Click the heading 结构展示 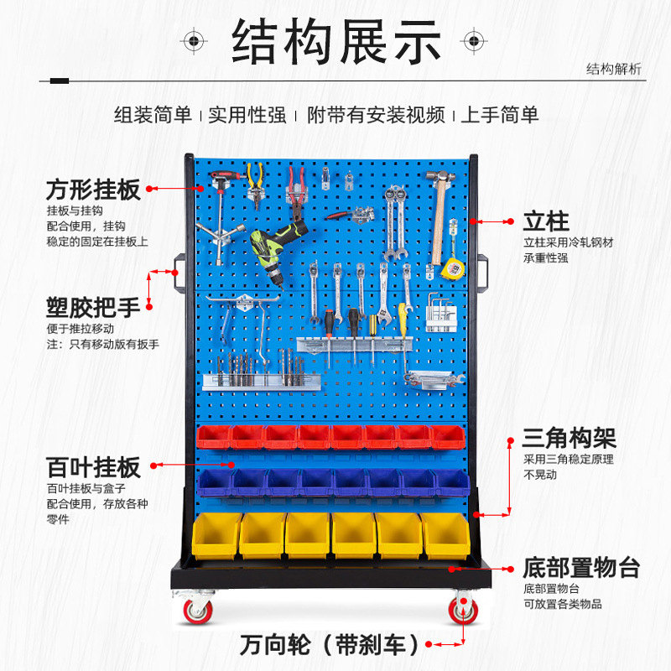336,42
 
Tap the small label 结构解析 613,70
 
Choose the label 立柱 546,222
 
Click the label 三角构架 569,438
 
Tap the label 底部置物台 580,568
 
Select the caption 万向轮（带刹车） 329,645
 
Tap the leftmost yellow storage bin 215,534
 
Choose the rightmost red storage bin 447,437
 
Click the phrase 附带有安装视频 375,115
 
